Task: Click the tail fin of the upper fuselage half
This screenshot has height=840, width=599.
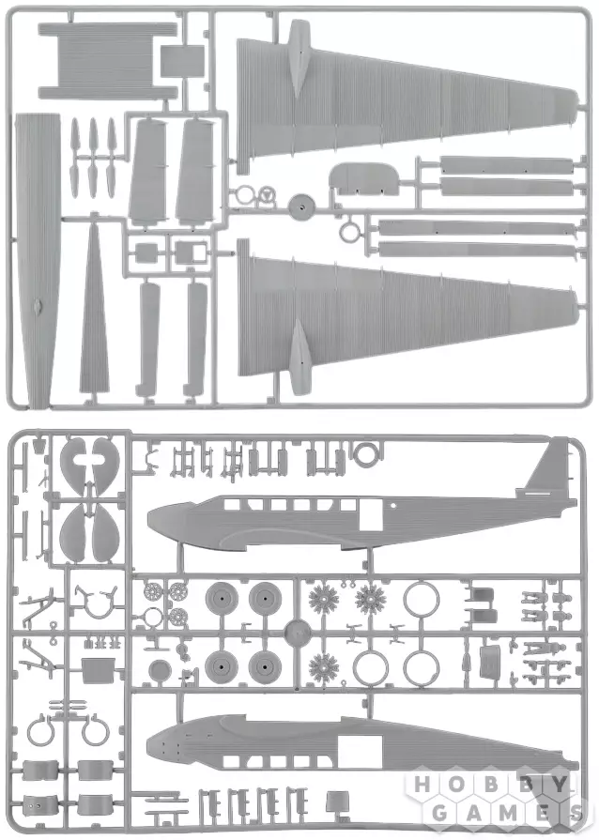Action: click(546, 467)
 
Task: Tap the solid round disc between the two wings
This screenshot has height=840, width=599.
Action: click(301, 203)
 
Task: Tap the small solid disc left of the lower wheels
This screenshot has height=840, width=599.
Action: click(161, 669)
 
